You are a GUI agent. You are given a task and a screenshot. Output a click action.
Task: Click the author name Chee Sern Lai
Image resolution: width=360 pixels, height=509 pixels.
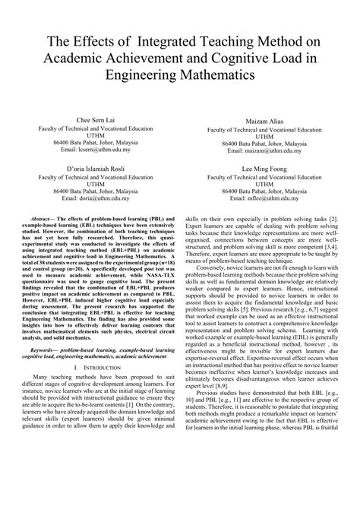click(98, 121)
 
